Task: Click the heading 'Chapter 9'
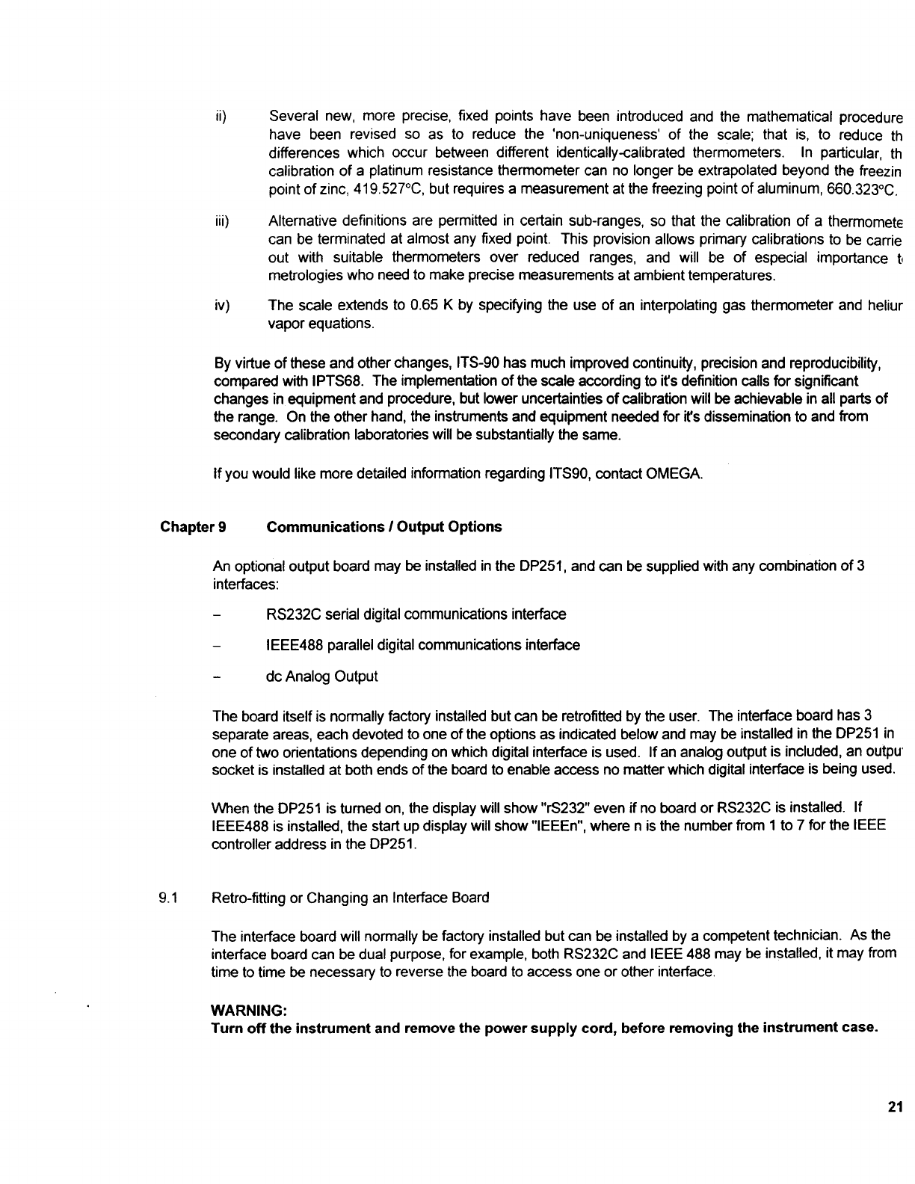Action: click(194, 527)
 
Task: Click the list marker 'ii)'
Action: click(220, 117)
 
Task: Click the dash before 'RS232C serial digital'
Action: click(217, 615)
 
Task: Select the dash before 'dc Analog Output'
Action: click(217, 677)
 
